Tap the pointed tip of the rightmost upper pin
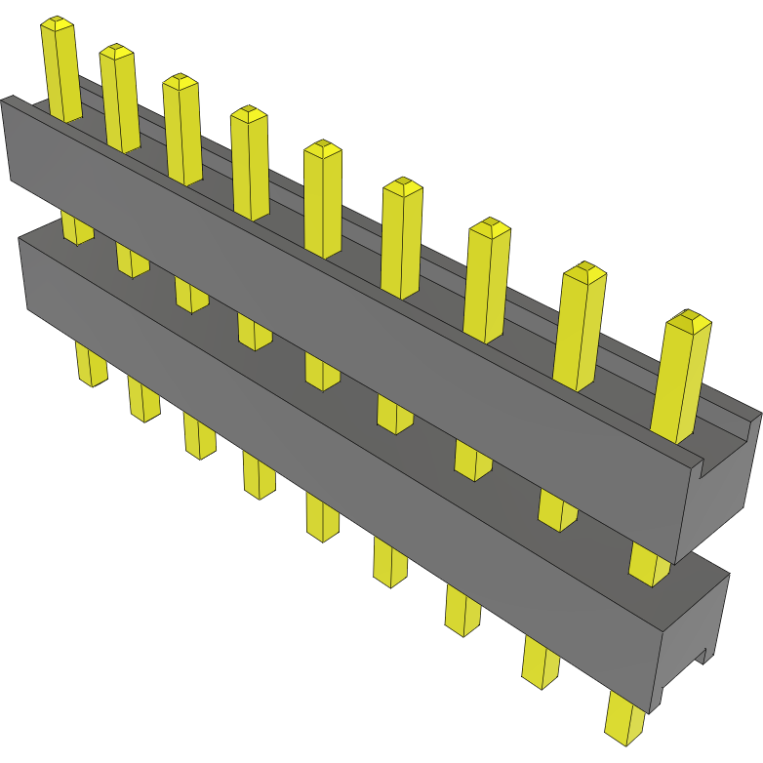(x=689, y=317)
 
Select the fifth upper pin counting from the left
(x=323, y=200)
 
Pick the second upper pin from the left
(x=119, y=98)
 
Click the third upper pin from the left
(x=181, y=129)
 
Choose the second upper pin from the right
(x=580, y=327)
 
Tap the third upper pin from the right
(x=488, y=281)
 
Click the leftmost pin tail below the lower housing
(x=91, y=364)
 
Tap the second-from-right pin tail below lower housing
(x=542, y=662)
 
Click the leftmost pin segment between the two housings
(x=77, y=226)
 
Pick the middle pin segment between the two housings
(x=321, y=370)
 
